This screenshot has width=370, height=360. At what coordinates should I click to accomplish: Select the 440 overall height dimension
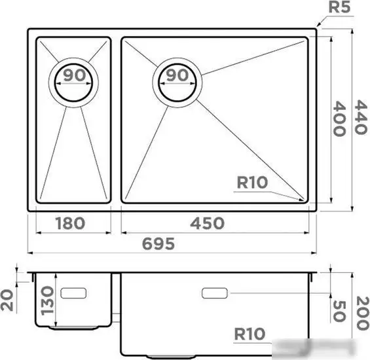(358, 118)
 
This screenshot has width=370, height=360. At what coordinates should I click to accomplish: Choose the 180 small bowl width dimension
(70, 223)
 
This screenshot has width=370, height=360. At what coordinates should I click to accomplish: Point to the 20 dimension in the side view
(7, 300)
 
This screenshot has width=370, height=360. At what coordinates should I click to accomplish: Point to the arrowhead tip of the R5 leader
(316, 27)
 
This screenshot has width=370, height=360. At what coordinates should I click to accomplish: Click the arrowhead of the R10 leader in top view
(304, 199)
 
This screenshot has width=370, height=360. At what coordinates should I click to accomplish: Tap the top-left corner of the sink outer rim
(29, 29)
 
